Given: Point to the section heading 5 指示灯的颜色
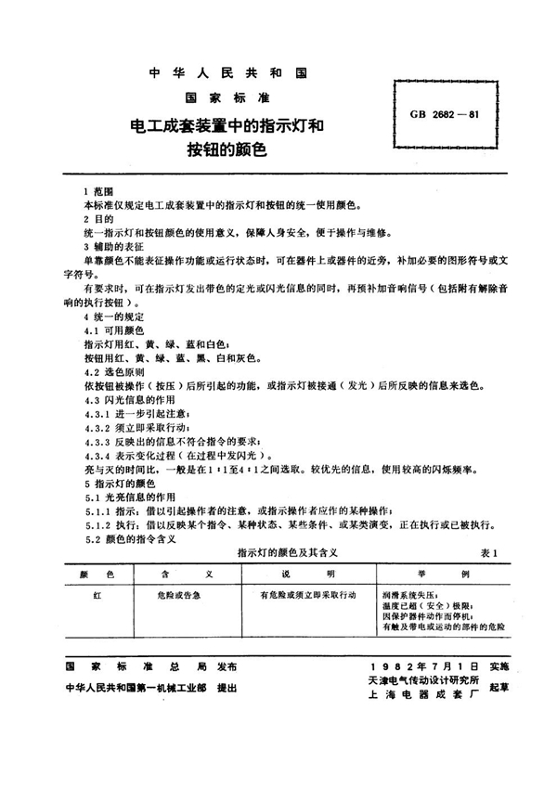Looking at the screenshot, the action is point(117,485).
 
